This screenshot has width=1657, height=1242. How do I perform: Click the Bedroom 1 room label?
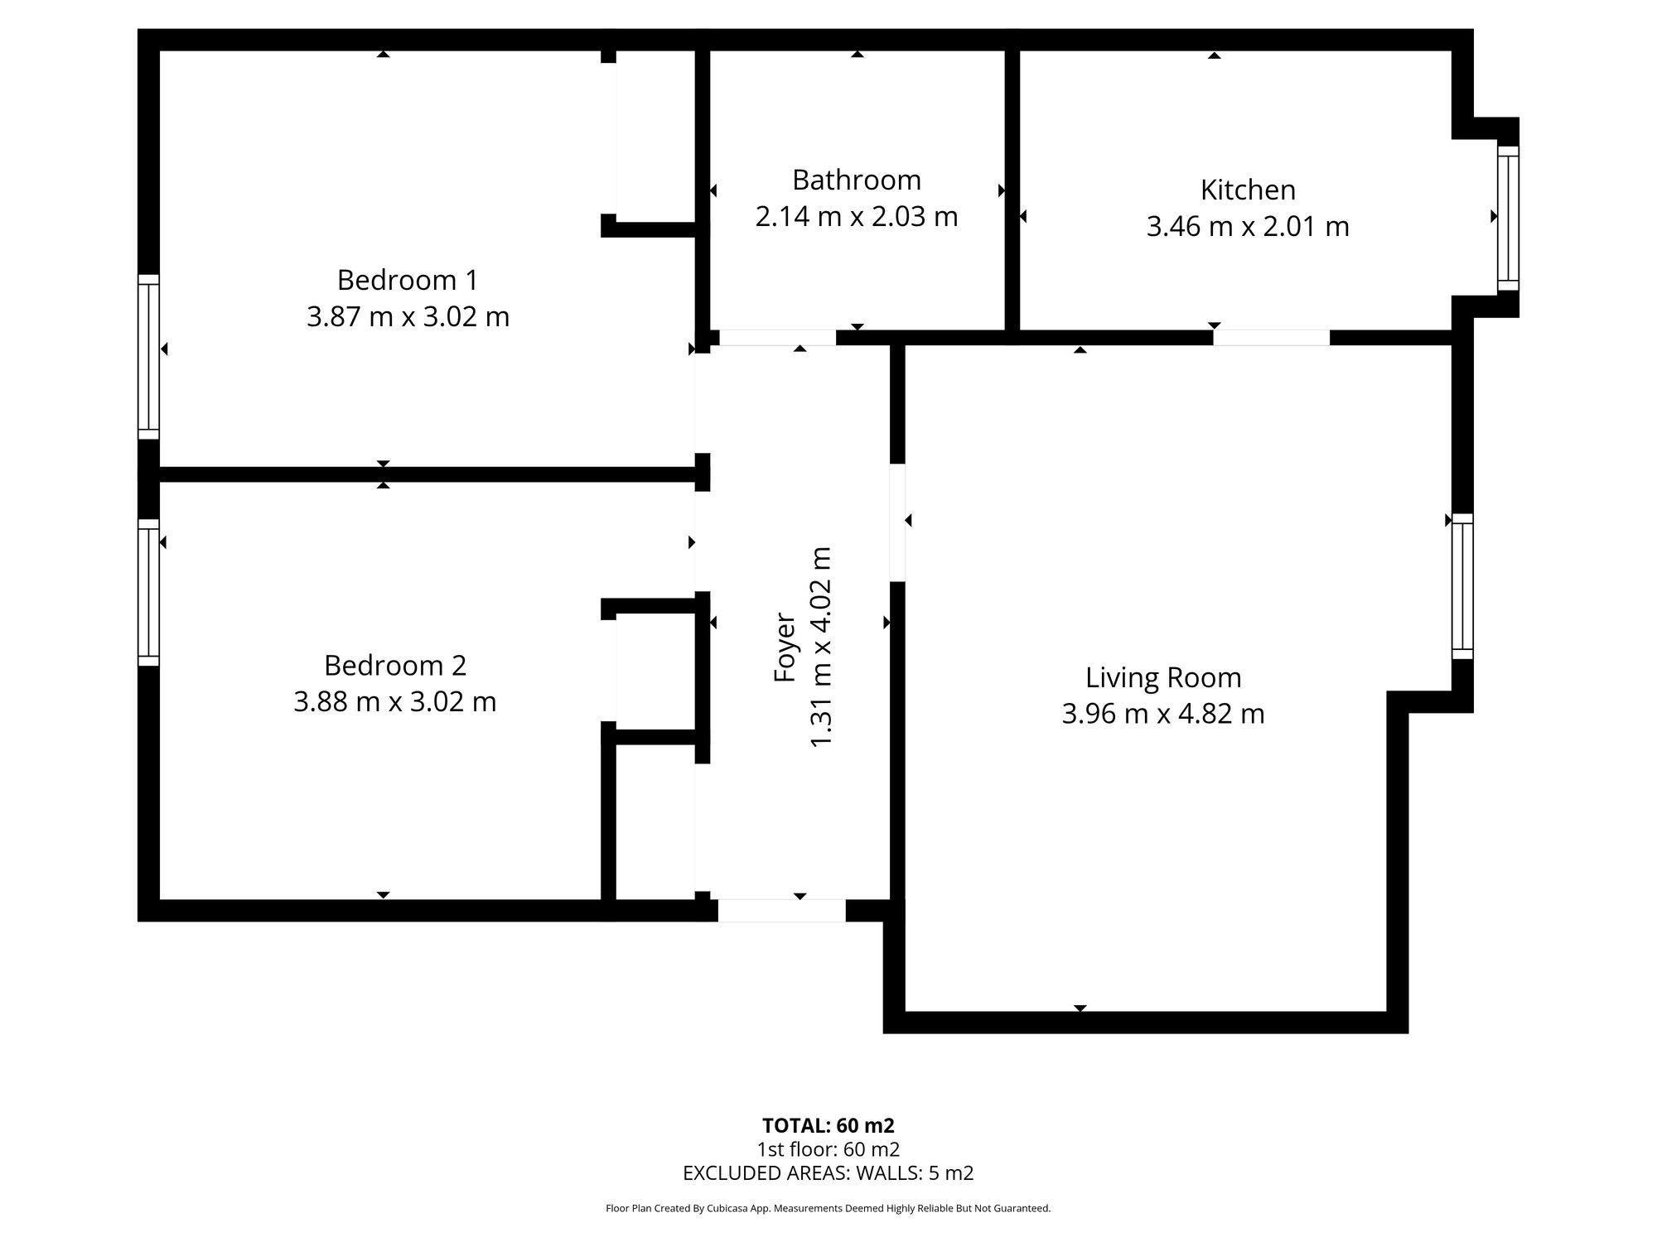pyautogui.click(x=408, y=280)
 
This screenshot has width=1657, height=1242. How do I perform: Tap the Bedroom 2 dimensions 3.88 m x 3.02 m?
pyautogui.click(x=394, y=702)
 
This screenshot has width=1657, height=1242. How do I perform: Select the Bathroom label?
pyautogui.click(x=856, y=180)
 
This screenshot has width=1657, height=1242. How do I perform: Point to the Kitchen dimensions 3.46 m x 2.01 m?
pyautogui.click(x=1247, y=226)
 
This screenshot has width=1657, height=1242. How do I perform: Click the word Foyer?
pyautogui.click(x=784, y=647)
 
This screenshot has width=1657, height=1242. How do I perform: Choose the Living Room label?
pyautogui.click(x=1163, y=677)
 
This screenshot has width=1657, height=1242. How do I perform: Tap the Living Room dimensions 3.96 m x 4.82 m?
pyautogui.click(x=1163, y=714)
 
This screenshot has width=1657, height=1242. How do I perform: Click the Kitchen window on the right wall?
pyautogui.click(x=1508, y=219)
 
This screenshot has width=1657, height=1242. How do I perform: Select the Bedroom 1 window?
pyautogui.click(x=148, y=356)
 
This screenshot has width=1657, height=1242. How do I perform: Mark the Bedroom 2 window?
pyautogui.click(x=148, y=592)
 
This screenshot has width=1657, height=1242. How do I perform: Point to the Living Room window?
pyautogui.click(x=1462, y=586)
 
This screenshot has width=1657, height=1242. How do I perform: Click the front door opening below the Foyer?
pyautogui.click(x=781, y=910)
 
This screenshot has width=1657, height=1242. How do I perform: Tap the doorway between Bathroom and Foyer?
pyautogui.click(x=777, y=338)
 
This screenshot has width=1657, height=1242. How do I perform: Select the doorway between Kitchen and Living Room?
pyautogui.click(x=1271, y=338)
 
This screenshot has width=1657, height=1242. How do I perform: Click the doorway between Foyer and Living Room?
pyautogui.click(x=897, y=522)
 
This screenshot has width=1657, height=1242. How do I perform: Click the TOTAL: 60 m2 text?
pyautogui.click(x=828, y=1126)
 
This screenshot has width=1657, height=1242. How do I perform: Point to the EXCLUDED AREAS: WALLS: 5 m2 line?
pyautogui.click(x=828, y=1173)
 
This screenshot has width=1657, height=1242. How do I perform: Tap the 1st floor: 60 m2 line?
pyautogui.click(x=828, y=1149)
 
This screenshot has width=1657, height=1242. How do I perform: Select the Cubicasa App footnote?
pyautogui.click(x=828, y=1209)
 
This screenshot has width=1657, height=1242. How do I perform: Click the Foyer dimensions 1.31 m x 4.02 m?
pyautogui.click(x=820, y=647)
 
